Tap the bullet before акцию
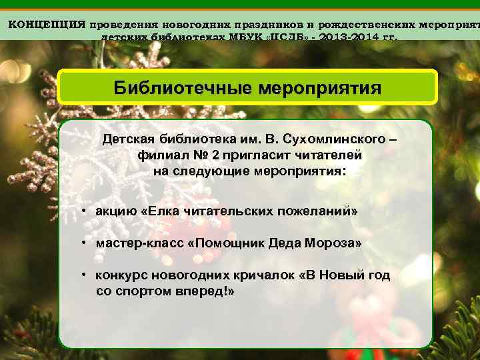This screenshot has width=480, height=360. (x=85, y=211)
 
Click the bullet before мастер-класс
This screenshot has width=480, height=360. (x=85, y=244)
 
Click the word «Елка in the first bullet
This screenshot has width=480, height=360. (x=161, y=211)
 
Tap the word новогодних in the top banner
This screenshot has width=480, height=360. (x=181, y=24)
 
